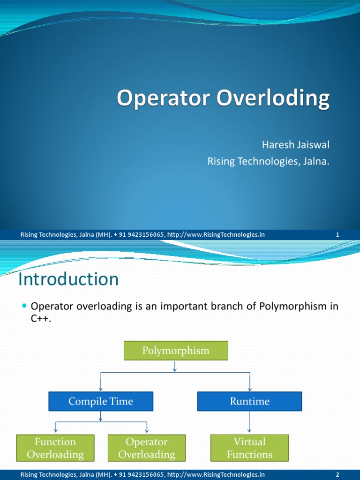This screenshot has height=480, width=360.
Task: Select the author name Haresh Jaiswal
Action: (x=292, y=145)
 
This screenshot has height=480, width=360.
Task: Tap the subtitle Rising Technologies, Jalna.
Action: (x=268, y=162)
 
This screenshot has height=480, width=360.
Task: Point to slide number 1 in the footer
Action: (x=337, y=235)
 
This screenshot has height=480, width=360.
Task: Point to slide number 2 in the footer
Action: (x=337, y=475)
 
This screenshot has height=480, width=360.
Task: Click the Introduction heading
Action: (x=68, y=280)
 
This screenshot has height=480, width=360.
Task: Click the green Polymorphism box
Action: (x=176, y=351)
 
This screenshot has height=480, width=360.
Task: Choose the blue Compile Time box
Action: (x=101, y=401)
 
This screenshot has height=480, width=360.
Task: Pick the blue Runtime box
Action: (x=249, y=401)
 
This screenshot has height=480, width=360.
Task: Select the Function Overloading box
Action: (x=55, y=448)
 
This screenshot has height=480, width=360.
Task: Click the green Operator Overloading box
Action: (x=147, y=448)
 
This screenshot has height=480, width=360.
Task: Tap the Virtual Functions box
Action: (x=249, y=448)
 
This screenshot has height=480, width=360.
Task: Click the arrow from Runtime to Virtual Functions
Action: (x=249, y=422)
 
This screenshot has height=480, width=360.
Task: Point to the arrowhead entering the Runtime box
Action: (x=249, y=389)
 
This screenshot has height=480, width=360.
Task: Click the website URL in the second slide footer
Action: (x=216, y=475)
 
